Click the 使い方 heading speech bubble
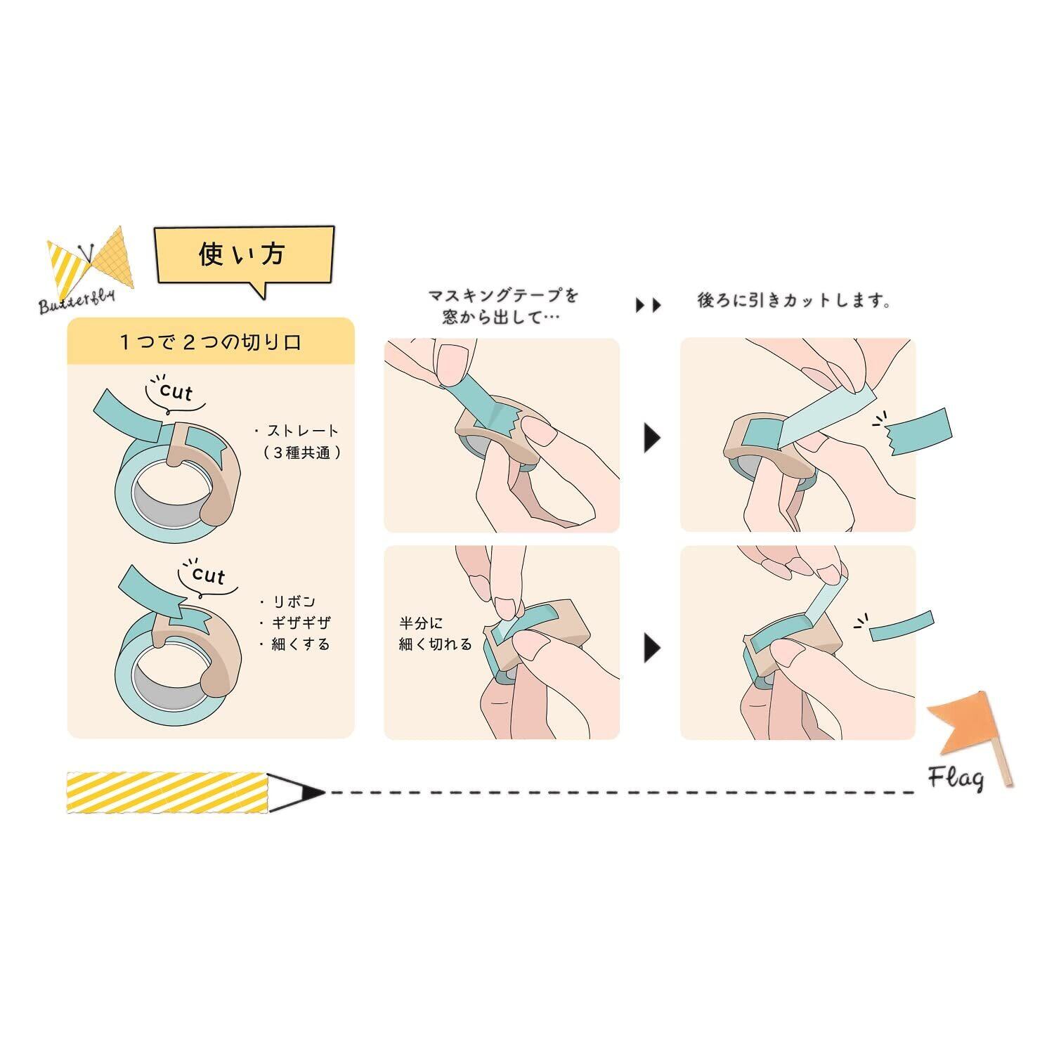coord(243,254)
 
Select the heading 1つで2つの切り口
coord(210,342)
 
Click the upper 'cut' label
coord(176,391)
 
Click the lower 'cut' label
coord(208,575)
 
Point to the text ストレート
coord(299,431)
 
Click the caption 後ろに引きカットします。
coord(795,301)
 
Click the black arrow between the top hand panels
coord(652,438)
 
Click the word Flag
coord(955,778)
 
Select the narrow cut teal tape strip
coord(902,626)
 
